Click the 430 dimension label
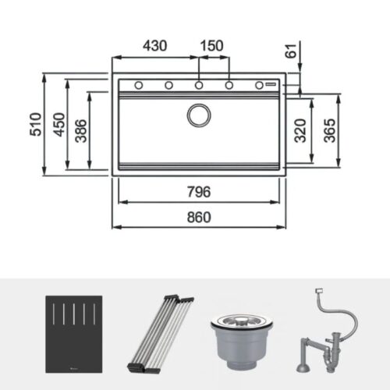point(154,46)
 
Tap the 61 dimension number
point(292,51)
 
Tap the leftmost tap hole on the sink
point(138,85)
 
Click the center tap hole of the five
point(199,85)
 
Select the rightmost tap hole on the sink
point(259,85)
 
